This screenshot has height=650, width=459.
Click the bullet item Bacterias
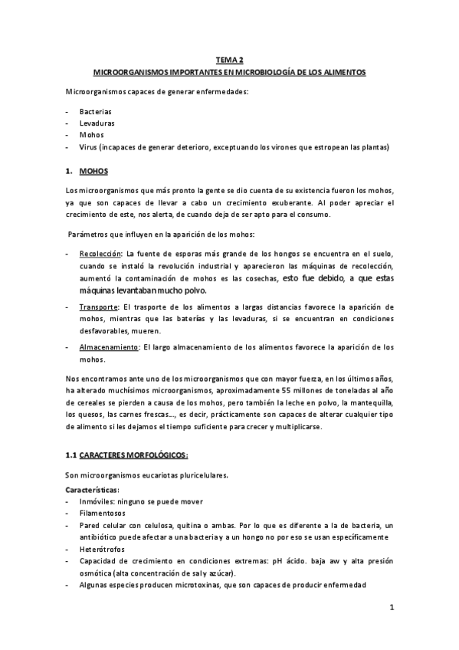pos(95,111)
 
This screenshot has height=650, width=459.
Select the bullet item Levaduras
pos(96,123)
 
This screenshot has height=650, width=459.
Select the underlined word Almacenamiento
pos(108,347)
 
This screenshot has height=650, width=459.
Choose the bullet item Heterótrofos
pos(102,550)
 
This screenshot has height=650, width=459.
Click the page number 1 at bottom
pos(391,609)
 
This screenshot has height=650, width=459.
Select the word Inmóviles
pos(97,501)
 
